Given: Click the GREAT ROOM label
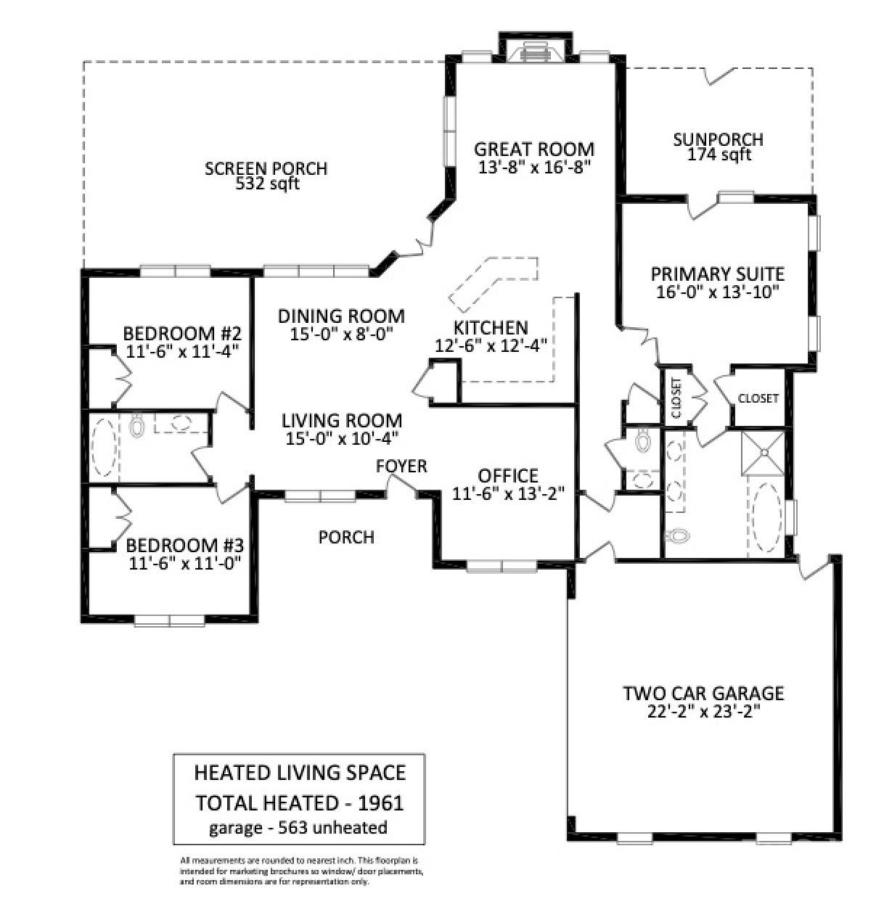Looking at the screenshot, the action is click(534, 149).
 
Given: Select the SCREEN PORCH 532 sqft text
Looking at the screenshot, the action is click(266, 176).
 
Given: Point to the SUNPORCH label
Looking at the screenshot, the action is click(718, 139).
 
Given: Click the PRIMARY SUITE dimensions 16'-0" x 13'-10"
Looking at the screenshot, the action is click(717, 292).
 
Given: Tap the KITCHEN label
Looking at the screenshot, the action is click(491, 328).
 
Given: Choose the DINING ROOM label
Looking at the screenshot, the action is click(341, 316).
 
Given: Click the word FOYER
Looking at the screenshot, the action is click(401, 466).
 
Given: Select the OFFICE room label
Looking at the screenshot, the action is click(508, 475).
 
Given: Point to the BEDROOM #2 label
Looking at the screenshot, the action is click(182, 334).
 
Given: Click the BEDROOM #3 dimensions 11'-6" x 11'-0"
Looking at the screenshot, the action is click(185, 563).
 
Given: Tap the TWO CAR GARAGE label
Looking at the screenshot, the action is click(703, 694).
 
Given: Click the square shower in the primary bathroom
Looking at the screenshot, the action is click(764, 453).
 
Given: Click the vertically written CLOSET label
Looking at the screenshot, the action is click(676, 398).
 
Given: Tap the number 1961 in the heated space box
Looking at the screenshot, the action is click(381, 802).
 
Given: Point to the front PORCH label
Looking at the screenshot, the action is click(346, 537).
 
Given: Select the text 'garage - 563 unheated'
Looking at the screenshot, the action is click(298, 827).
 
